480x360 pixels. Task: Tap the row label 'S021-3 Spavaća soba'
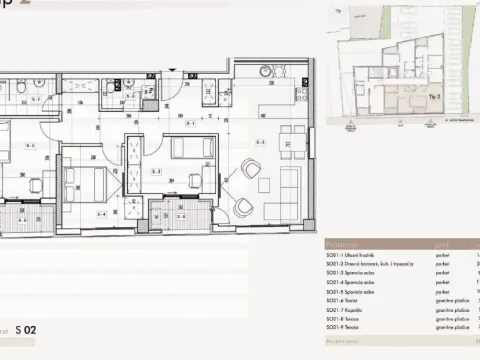click(x=351, y=272)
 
